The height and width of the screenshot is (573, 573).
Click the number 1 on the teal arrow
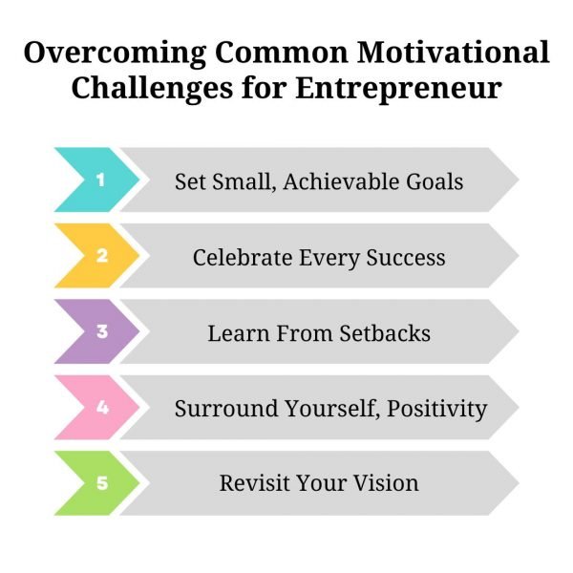[100, 180]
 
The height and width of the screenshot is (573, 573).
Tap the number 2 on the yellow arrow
[100, 256]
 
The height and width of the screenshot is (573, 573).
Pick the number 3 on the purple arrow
[100, 332]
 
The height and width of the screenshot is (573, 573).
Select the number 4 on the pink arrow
[100, 407]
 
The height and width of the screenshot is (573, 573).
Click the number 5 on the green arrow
[100, 483]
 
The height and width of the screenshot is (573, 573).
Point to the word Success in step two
[406, 257]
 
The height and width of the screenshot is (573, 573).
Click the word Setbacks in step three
[382, 333]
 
